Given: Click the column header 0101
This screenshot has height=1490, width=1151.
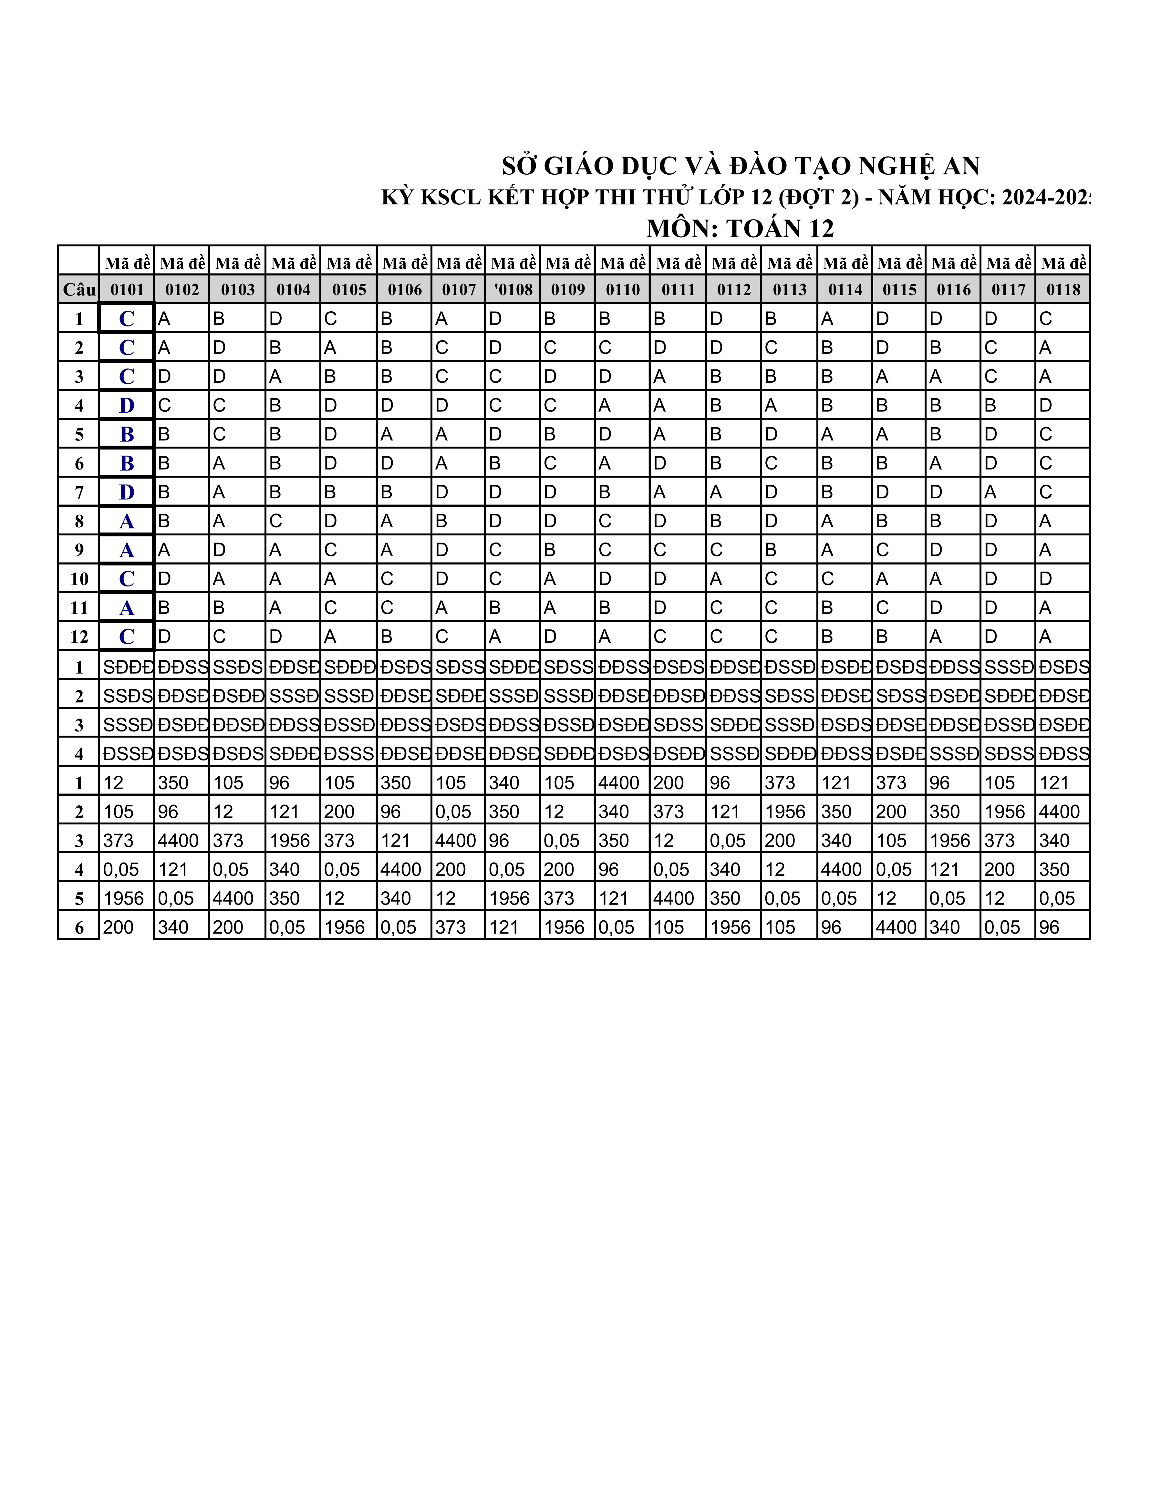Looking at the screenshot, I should [127, 289].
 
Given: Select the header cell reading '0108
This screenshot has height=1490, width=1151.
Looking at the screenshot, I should [513, 289].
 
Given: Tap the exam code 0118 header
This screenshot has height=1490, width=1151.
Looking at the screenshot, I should [1063, 289].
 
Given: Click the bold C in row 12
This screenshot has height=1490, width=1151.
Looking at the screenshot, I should [127, 636].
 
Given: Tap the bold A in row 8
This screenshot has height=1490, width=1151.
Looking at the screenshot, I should [127, 521].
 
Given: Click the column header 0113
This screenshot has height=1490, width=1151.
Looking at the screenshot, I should [789, 289].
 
